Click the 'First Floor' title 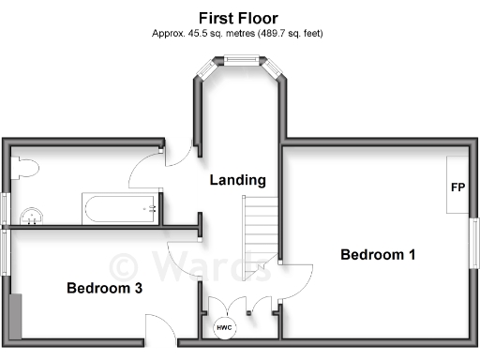pos(238,17)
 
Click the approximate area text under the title pos(238,33)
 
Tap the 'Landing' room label pos(237,180)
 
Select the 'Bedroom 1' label pos(377,254)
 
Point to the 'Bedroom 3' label pos(104,288)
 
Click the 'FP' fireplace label pos(457,187)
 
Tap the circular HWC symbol pos(225,328)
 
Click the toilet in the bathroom pos(28,169)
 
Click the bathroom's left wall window pos(6,208)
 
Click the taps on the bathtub pos(150,209)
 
